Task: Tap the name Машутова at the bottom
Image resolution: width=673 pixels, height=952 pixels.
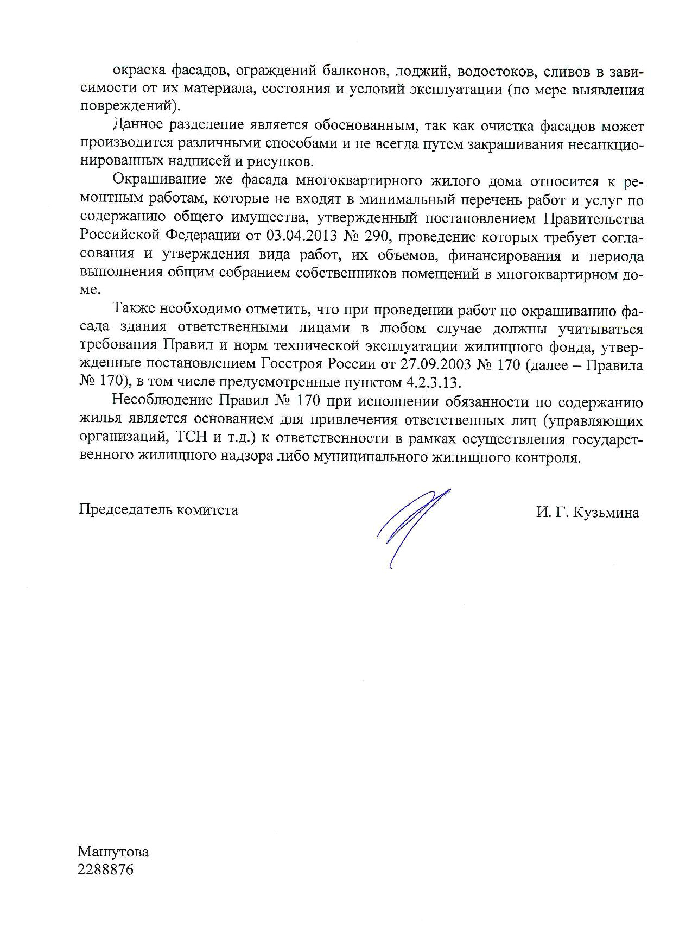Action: tap(113, 852)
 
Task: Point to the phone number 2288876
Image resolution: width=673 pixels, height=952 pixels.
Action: tap(106, 870)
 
